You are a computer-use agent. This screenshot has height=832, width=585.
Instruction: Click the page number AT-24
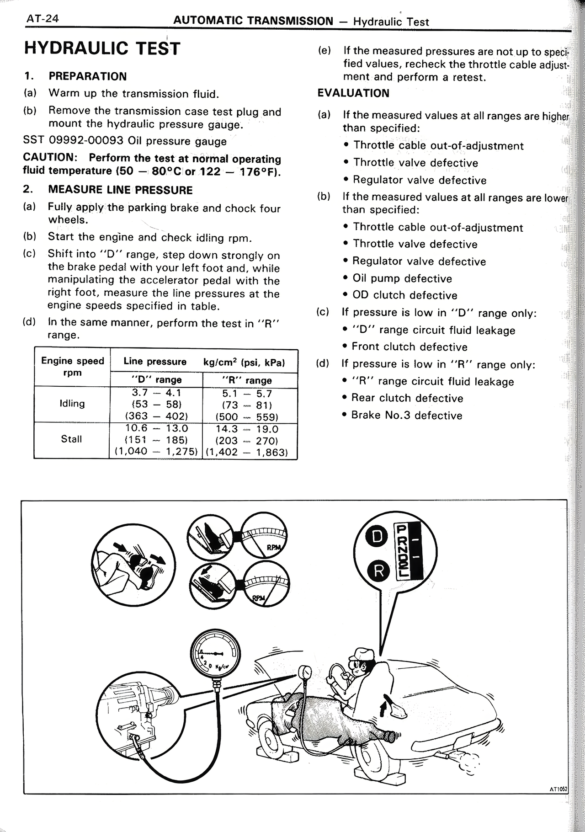(x=40, y=19)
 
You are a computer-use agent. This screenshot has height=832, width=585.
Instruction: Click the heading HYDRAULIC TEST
(x=102, y=48)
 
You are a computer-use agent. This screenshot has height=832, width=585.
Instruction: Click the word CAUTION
(x=48, y=158)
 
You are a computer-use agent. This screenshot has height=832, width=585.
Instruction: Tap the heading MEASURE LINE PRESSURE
(x=120, y=190)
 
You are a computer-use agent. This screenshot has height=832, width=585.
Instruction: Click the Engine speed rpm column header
(x=72, y=367)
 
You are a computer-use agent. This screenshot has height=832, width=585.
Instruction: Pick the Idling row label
(x=72, y=404)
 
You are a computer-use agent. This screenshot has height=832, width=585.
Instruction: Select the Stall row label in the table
(x=71, y=439)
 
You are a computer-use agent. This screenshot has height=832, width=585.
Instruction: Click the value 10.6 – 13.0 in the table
(x=156, y=428)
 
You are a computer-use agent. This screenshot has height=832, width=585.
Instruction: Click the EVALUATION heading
(x=353, y=93)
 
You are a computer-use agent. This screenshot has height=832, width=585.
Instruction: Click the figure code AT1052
(x=557, y=789)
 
